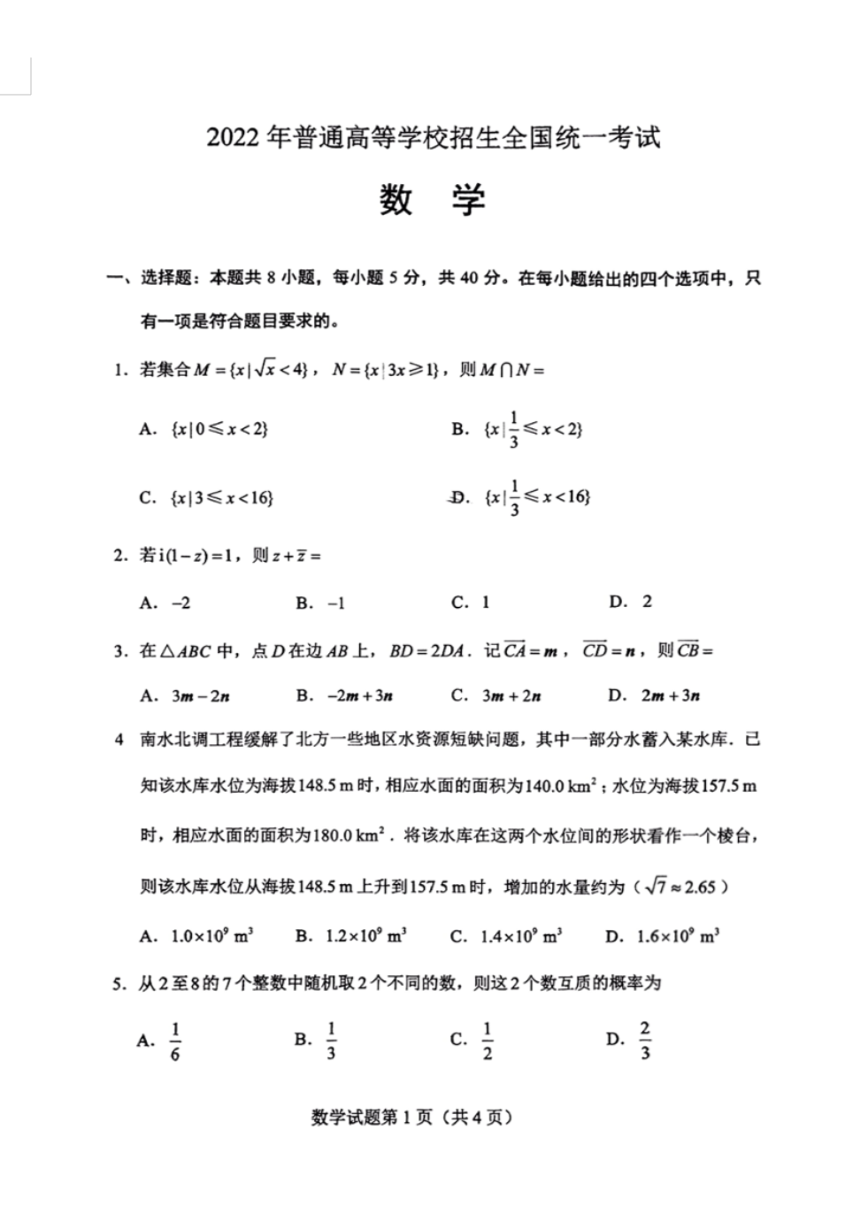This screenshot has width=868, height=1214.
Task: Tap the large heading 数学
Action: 433,201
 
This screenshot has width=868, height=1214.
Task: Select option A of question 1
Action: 219,429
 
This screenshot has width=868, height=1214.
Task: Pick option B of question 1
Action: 532,429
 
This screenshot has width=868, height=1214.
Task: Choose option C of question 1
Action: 221,497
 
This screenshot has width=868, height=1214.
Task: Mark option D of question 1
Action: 535,496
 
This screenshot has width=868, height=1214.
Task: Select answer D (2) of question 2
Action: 646,602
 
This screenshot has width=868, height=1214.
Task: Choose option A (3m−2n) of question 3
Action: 200,695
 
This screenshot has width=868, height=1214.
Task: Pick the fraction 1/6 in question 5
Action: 175,1041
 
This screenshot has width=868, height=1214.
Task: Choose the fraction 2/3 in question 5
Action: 645,1040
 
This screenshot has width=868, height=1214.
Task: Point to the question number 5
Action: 119,984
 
